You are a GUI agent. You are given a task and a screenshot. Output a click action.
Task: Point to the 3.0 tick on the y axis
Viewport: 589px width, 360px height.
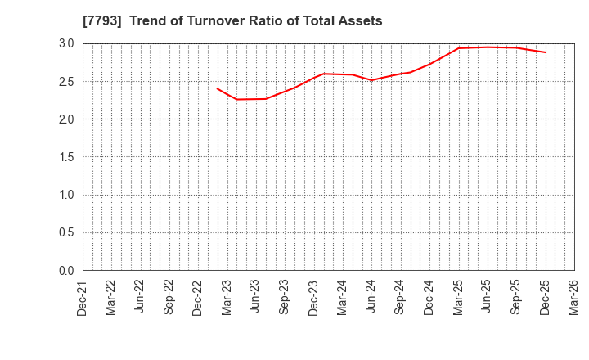65,43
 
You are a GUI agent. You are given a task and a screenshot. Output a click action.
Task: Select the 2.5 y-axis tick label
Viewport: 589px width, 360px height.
65,82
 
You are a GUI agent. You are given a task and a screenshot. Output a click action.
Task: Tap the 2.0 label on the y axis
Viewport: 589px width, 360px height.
65,119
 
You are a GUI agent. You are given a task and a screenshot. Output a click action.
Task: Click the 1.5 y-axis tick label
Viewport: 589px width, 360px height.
65,157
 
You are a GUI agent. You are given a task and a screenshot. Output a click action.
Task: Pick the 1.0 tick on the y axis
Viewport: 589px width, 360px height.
65,195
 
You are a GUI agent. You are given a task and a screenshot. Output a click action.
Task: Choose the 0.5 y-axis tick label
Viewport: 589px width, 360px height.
65,233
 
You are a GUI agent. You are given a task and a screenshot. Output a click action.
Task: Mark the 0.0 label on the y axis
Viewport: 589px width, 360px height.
65,271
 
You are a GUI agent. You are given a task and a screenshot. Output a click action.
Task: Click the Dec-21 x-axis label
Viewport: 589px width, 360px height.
82,298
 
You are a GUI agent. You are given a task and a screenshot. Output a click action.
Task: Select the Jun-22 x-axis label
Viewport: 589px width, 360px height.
140,298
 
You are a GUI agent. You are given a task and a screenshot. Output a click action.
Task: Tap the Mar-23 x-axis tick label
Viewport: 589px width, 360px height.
227,298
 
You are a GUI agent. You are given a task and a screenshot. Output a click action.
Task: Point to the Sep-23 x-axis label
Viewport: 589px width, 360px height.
285,298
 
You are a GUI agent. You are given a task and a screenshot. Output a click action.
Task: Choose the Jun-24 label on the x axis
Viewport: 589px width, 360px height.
371,298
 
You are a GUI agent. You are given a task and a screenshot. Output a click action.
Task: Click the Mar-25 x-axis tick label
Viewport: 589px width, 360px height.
458,298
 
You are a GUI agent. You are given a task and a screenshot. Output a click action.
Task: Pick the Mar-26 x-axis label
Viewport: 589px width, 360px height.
573,298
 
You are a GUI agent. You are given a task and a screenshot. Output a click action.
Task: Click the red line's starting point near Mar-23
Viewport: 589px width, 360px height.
218,88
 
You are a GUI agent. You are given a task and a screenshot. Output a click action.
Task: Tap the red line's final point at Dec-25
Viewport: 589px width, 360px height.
545,52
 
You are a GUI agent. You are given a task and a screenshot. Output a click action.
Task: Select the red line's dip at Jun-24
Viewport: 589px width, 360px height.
371,80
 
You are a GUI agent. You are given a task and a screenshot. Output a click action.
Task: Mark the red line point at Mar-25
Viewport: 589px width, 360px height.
458,48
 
